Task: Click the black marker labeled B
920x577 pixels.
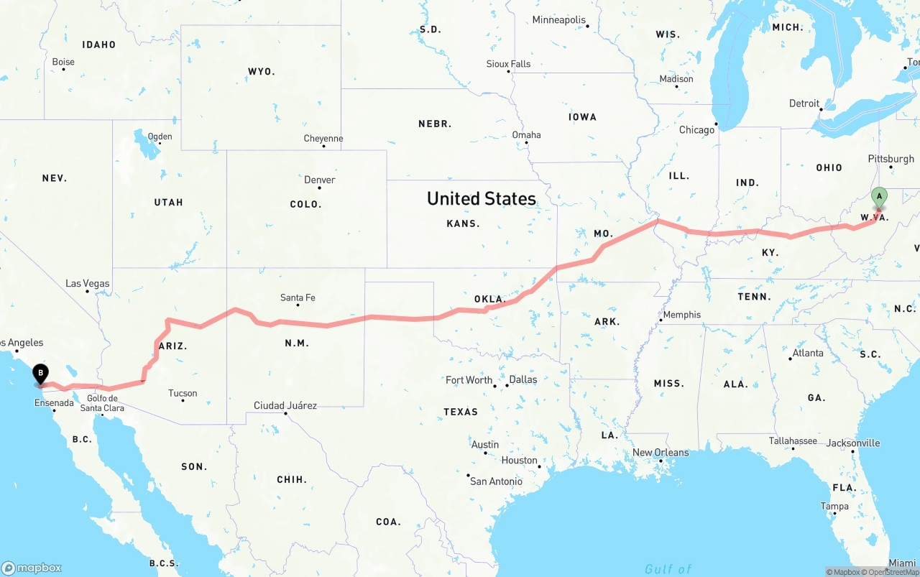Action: [41, 373]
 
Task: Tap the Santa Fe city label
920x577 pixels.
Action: [298, 297]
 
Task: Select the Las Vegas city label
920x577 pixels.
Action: [88, 283]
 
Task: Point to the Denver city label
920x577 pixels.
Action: [320, 180]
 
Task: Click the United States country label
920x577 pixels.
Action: [482, 198]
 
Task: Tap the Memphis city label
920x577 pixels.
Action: [681, 314]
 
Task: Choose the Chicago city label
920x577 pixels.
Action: [697, 130]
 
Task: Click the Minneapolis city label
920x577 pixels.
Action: [559, 20]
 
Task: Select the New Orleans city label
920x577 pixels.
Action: [661, 452]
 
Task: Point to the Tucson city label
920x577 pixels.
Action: [183, 393]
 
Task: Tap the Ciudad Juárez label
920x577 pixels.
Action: [285, 405]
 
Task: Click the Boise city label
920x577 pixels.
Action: [63, 62]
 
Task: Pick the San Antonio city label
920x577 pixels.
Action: [496, 481]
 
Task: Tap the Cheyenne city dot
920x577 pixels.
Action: [323, 147]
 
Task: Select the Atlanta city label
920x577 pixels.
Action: [808, 353]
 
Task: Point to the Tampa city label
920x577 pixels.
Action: [834, 506]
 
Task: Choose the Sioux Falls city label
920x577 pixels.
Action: [508, 64]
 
